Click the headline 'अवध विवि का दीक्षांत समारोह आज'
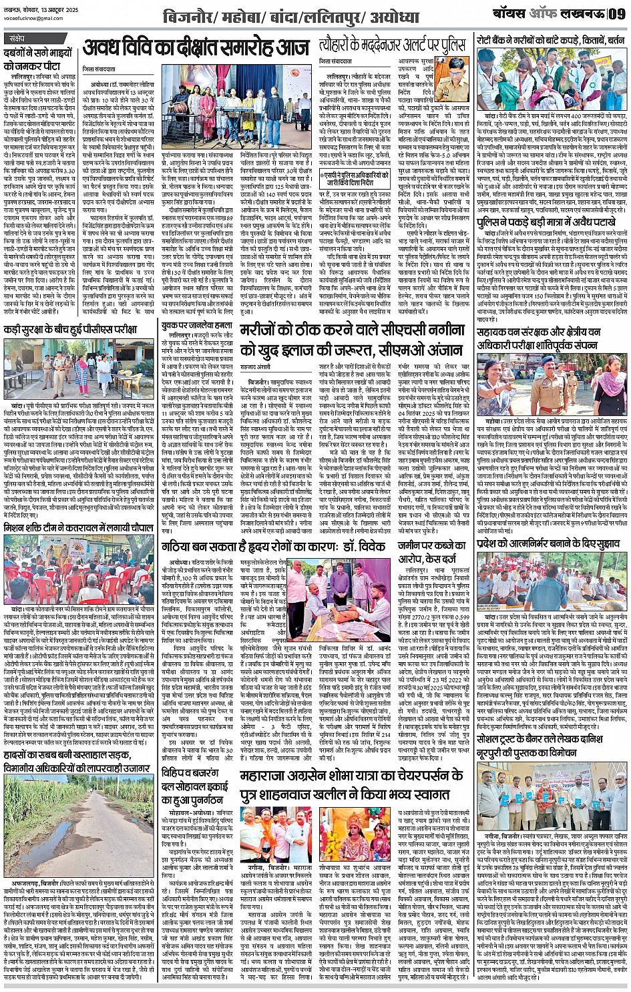pyautogui.click(x=196, y=49)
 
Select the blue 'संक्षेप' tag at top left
pyautogui.click(x=17, y=39)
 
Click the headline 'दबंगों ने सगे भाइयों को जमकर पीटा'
pyautogui.click(x=32, y=58)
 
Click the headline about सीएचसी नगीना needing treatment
pyautogui.click(x=352, y=339)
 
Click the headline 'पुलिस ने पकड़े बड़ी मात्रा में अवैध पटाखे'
pyautogui.click(x=552, y=221)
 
